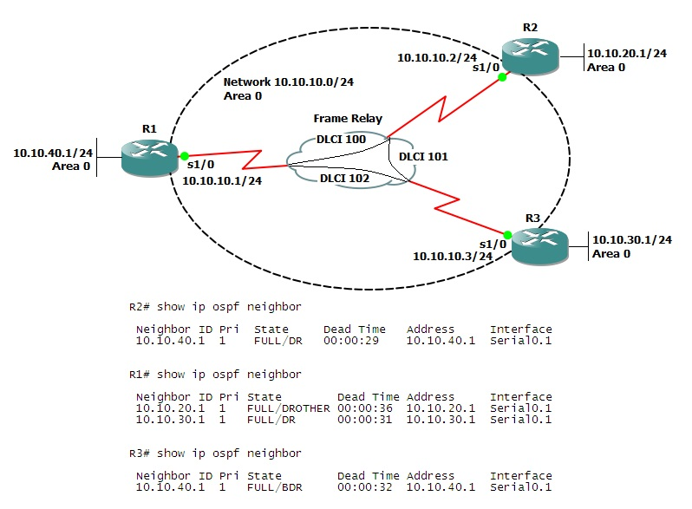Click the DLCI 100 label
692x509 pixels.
click(341, 139)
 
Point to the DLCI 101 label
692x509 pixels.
click(423, 157)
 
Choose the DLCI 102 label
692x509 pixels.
click(344, 179)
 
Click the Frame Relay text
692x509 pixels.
click(348, 119)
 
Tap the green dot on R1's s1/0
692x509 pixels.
click(184, 156)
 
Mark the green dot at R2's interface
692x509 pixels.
click(502, 77)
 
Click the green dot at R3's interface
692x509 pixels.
click(508, 234)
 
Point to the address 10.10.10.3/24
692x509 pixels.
click(453, 256)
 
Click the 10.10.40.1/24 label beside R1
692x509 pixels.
click(53, 153)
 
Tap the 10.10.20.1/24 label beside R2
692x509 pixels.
click(627, 53)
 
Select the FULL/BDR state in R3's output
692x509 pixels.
click(280, 487)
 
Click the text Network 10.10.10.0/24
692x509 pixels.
click(288, 82)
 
